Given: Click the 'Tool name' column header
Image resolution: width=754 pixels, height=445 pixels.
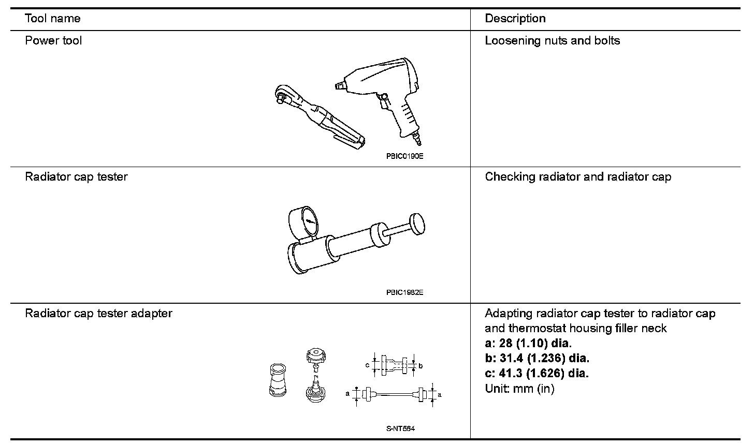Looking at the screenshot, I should tap(53, 19).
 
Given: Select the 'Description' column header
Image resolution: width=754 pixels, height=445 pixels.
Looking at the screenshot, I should tap(515, 19).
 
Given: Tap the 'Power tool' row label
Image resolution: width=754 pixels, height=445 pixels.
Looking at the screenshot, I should tap(53, 40).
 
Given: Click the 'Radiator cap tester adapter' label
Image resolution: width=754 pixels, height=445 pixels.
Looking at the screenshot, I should tap(98, 313).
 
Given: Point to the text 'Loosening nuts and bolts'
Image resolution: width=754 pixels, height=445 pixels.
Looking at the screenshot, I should tap(552, 40).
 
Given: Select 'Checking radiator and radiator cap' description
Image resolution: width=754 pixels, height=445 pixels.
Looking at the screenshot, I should tap(578, 176).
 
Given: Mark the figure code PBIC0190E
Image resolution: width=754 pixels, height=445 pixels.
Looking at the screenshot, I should tap(404, 156).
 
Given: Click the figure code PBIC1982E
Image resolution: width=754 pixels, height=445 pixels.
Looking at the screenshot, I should tap(404, 292).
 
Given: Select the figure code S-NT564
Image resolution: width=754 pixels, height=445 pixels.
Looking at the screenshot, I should tap(400, 428).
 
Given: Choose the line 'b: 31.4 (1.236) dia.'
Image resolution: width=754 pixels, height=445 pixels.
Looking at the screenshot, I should tap(537, 358).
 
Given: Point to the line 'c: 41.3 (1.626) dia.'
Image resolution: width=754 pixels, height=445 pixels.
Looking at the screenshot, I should tap(536, 373).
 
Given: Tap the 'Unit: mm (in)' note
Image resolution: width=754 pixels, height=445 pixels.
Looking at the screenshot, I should tap(519, 388).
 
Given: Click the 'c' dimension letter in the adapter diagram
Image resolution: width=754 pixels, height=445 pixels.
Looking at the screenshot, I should tap(367, 365).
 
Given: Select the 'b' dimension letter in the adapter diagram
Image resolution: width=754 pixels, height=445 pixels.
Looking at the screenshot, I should tap(421, 366).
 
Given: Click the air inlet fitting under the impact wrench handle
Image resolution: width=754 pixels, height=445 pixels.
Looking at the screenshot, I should tap(416, 138).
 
